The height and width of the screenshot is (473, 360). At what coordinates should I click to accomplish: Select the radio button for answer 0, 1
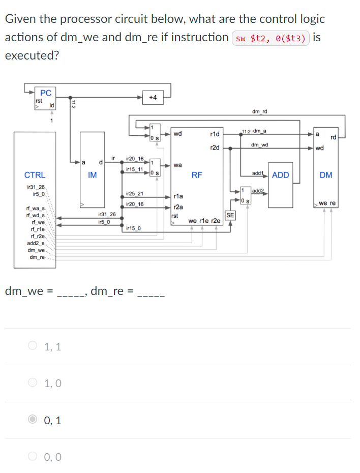(33, 420)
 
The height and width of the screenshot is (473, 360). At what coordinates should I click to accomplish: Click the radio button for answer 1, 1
(33, 347)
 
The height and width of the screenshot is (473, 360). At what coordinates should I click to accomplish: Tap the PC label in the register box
(46, 93)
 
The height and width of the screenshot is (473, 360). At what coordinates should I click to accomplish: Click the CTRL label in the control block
(35, 175)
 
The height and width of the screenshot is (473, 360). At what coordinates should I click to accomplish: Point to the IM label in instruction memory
(92, 175)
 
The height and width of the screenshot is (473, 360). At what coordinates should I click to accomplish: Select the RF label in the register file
(197, 175)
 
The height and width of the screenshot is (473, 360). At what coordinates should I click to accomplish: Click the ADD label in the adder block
(280, 175)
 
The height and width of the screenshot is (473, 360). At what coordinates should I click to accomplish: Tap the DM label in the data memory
(326, 175)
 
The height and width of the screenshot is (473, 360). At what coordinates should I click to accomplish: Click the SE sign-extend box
(230, 215)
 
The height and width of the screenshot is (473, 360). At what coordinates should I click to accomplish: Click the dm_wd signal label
(260, 145)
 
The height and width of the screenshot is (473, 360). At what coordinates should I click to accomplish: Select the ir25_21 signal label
(134, 194)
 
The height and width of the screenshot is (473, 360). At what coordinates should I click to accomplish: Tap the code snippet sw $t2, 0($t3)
(271, 39)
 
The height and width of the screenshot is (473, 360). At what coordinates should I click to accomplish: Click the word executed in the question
(32, 55)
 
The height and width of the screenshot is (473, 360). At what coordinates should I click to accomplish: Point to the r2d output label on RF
(214, 148)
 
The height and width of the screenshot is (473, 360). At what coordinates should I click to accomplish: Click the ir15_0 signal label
(134, 229)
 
